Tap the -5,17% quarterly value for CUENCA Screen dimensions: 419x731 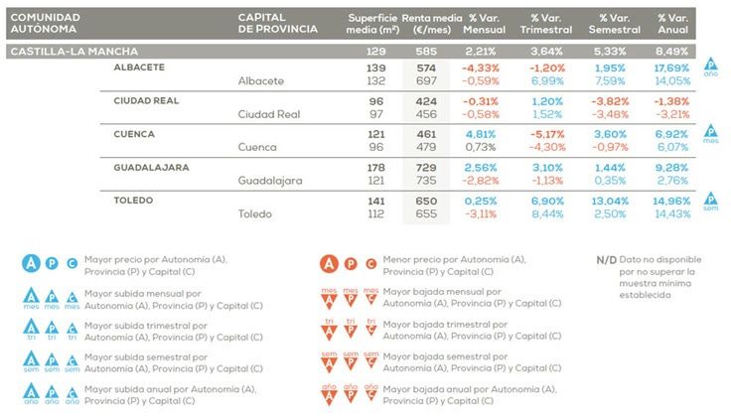pyautogui.click(x=546, y=133)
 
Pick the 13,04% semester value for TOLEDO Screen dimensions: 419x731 pyautogui.click(x=607, y=200)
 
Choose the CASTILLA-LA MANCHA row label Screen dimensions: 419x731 pyautogui.click(x=73, y=51)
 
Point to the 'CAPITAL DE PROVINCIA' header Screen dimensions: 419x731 pyautogui.click(x=278, y=24)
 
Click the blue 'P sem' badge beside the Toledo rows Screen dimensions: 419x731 pyautogui.click(x=709, y=203)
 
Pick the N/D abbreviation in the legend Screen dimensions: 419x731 pyautogui.click(x=606, y=259)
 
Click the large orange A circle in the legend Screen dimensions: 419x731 pyautogui.click(x=330, y=263)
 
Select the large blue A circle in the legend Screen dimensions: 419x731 pyautogui.click(x=32, y=263)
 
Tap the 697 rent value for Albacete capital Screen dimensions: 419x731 pyautogui.click(x=426, y=80)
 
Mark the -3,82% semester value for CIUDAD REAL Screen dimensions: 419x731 pyautogui.click(x=607, y=100)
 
